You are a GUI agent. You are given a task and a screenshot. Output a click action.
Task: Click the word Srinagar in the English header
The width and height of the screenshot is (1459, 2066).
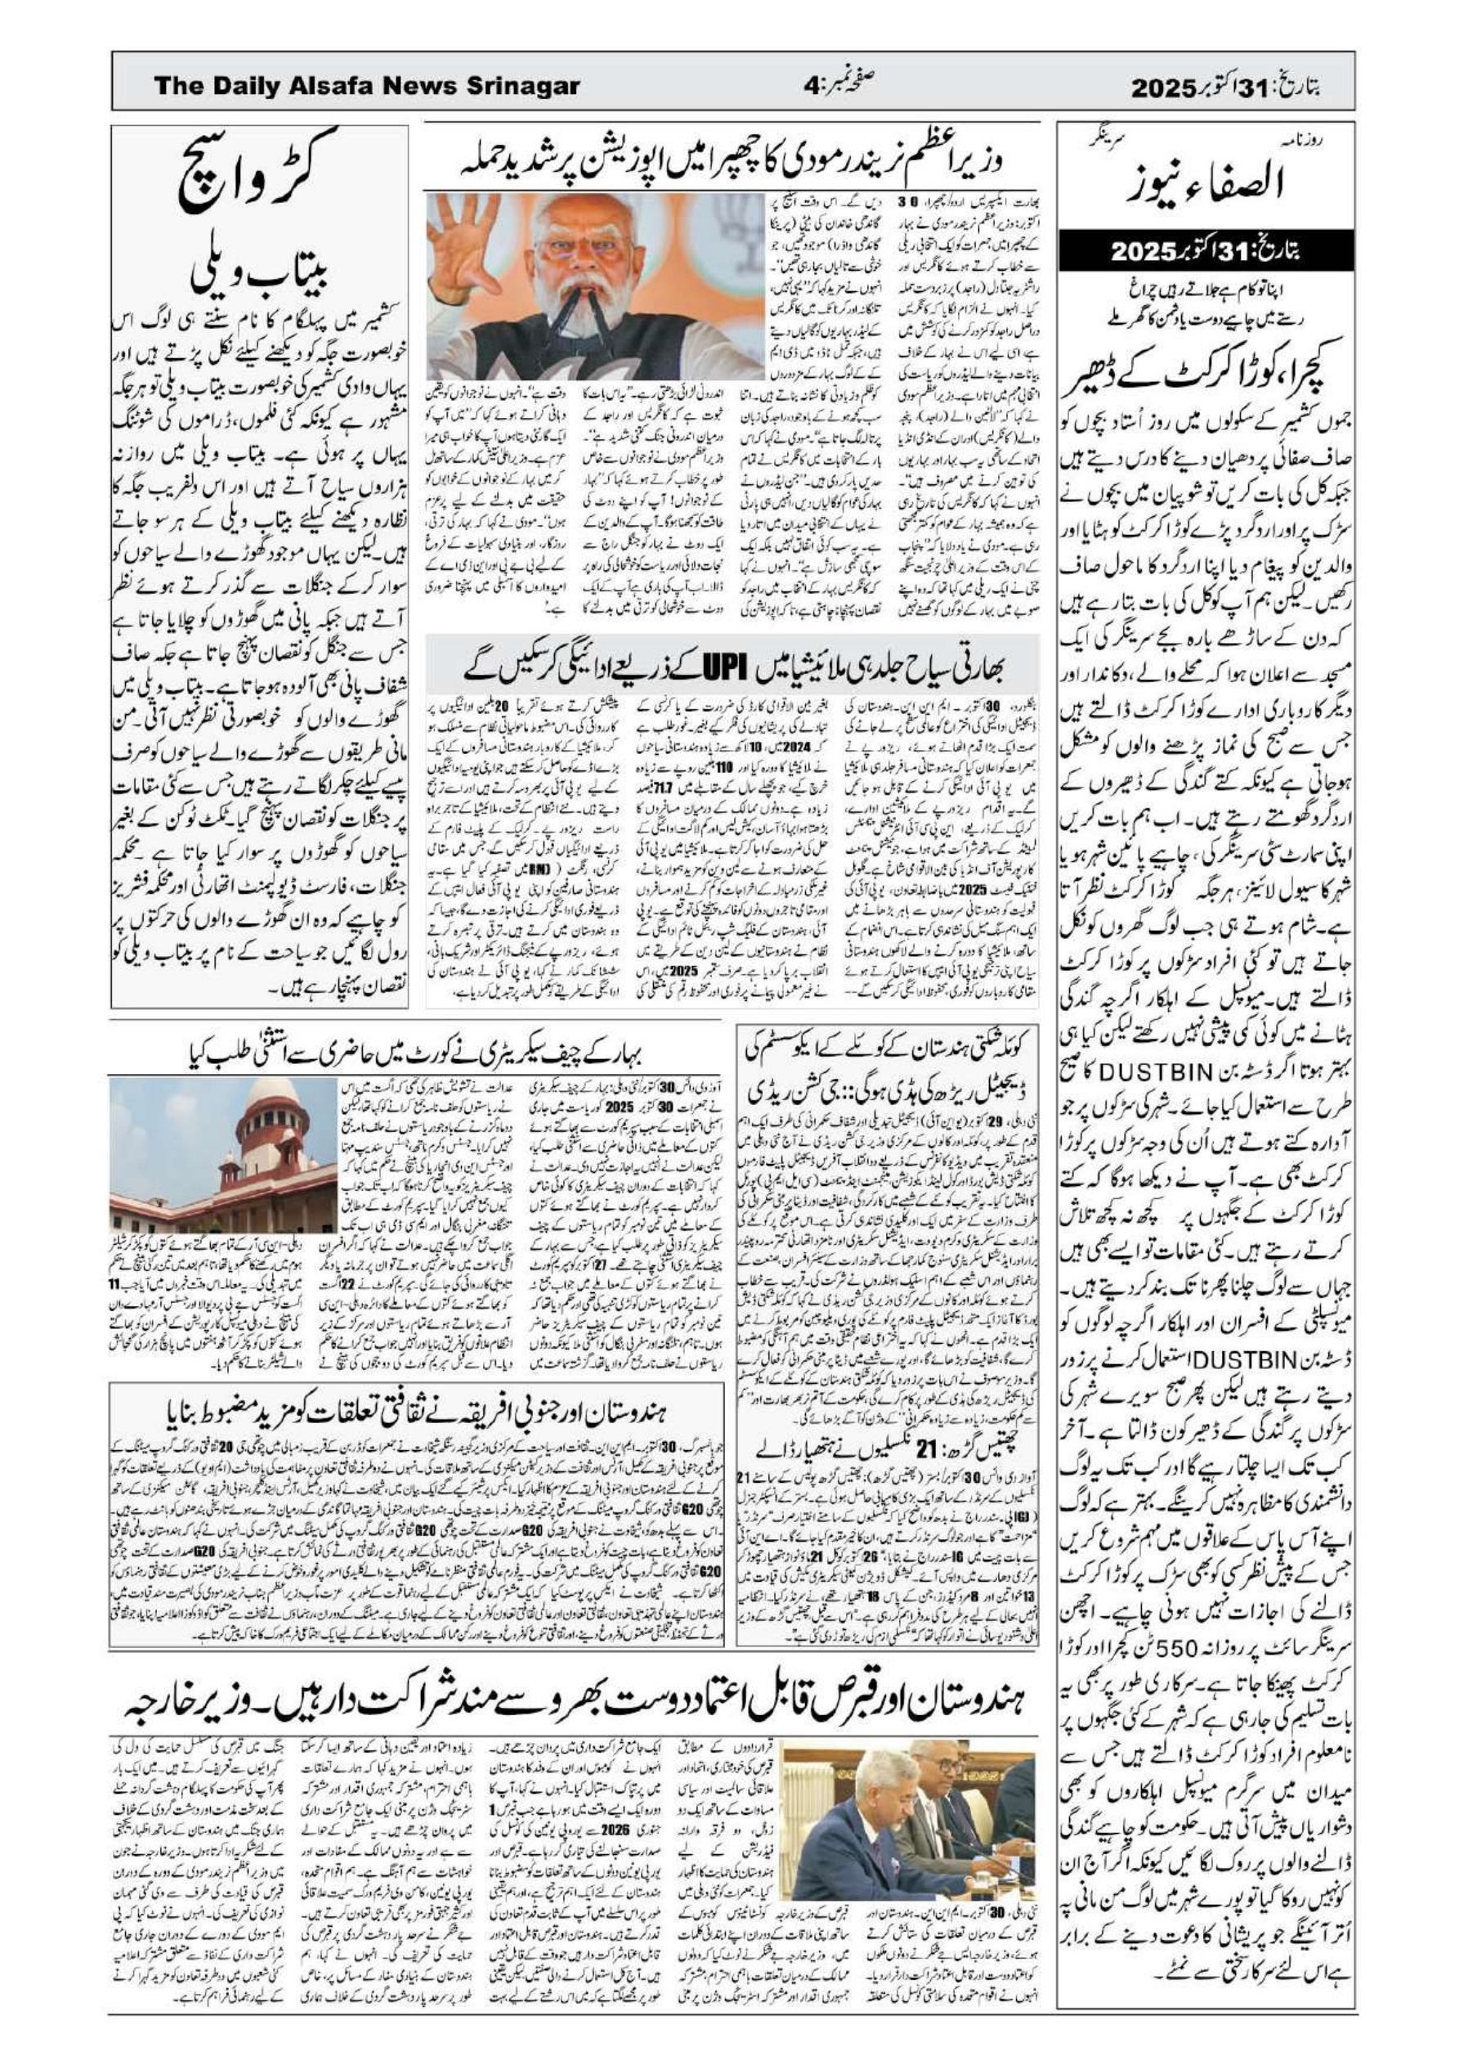522,87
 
